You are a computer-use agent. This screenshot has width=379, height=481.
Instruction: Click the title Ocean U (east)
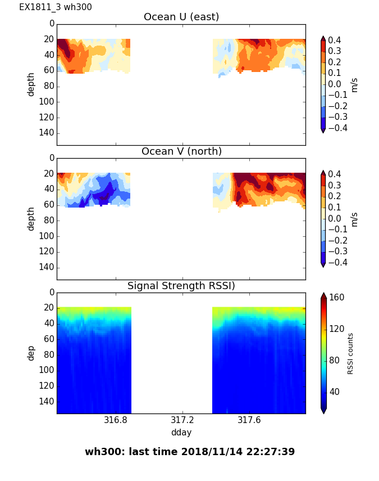coord(181,17)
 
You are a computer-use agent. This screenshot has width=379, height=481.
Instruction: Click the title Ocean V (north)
coord(181,151)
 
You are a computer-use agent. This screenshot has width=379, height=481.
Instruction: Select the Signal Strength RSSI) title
coord(181,286)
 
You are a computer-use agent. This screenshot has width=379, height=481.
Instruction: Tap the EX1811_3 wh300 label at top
coord(56,7)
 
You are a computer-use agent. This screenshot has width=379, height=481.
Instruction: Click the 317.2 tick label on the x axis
coord(182,421)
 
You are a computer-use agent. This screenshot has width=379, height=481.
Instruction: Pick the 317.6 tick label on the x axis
coord(249,421)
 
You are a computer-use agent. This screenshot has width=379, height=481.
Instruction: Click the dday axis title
coord(181,433)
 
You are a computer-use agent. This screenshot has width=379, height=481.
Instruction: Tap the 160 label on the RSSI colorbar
coord(337,298)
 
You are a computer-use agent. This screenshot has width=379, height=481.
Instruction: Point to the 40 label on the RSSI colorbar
coord(335,392)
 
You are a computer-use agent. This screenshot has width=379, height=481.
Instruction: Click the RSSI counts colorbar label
coord(351,353)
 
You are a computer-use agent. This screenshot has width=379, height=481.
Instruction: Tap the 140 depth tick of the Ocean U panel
coord(48,133)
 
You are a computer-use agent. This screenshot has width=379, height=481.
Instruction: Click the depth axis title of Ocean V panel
coord(31,218)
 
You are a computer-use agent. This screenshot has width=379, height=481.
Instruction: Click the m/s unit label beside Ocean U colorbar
coord(354,84)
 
